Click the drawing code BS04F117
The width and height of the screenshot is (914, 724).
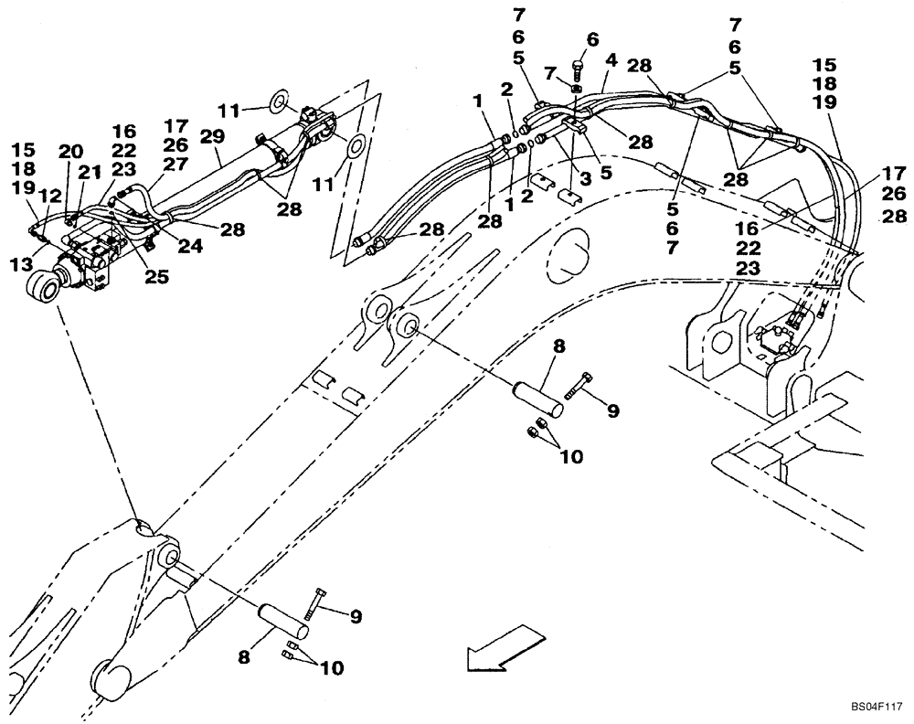876,706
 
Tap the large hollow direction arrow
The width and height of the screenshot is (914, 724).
499,645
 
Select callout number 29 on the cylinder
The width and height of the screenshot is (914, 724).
213,134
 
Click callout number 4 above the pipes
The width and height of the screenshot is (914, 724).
611,59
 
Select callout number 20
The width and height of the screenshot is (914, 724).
70,152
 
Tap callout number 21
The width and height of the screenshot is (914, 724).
89,173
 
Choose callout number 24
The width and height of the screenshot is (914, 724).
190,245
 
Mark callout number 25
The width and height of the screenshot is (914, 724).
157,275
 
